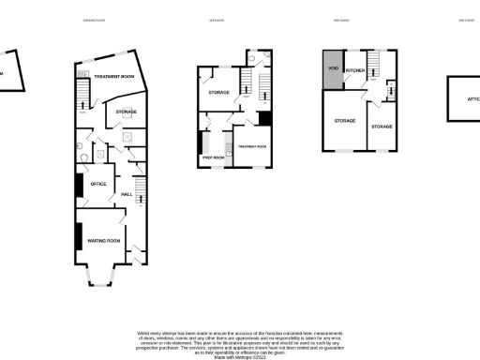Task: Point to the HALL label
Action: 128,194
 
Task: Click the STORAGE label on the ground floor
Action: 126,112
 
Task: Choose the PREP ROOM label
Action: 213,157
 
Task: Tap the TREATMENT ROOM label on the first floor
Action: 252,147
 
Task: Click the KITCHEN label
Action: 355,70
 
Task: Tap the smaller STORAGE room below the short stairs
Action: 381,126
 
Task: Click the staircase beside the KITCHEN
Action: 372,65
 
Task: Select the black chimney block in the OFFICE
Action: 78,185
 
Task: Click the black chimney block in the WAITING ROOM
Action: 77,235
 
